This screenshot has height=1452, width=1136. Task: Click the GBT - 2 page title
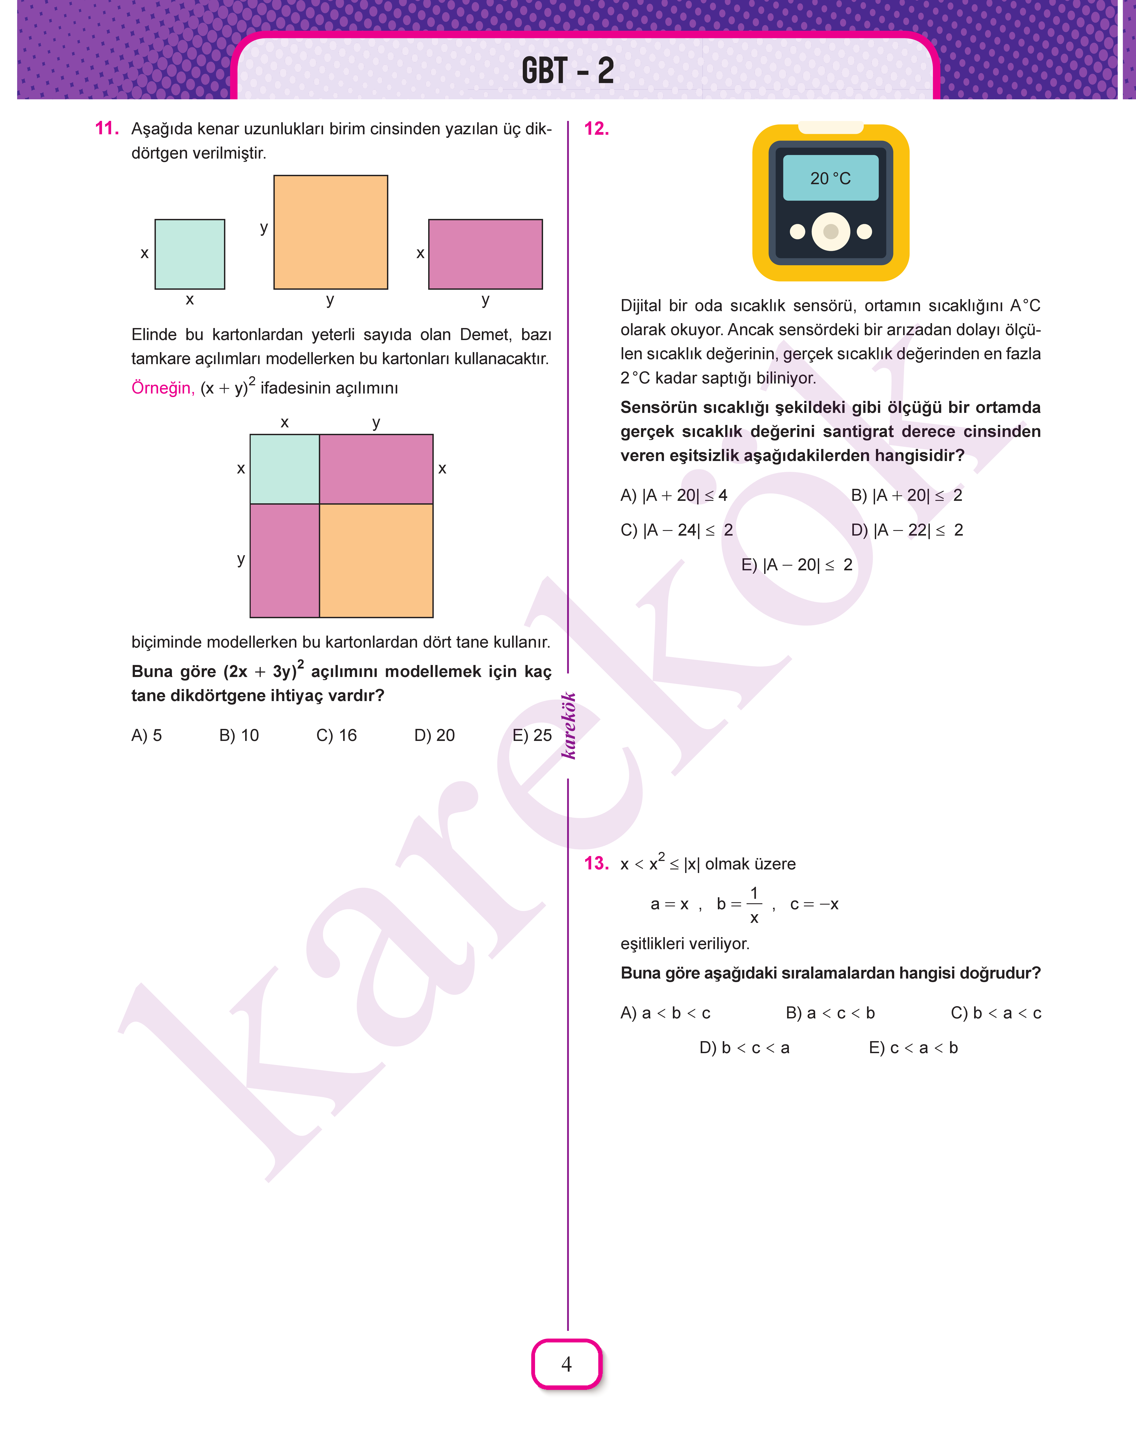click(567, 71)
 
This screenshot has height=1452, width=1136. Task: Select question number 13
click(596, 863)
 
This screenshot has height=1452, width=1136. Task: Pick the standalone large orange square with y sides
click(331, 232)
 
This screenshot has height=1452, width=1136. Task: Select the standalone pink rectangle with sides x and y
click(486, 254)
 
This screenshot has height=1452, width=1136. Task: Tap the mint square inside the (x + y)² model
click(285, 469)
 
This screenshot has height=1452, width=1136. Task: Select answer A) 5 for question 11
click(146, 735)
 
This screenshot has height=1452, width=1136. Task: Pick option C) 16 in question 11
click(336, 735)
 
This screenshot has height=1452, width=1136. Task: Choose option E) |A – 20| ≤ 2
click(797, 565)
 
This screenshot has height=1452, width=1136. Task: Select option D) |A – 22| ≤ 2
click(906, 530)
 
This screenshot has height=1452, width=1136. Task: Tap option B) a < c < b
click(830, 1013)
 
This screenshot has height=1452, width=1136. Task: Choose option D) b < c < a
click(744, 1048)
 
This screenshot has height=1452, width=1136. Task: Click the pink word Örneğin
click(163, 388)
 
